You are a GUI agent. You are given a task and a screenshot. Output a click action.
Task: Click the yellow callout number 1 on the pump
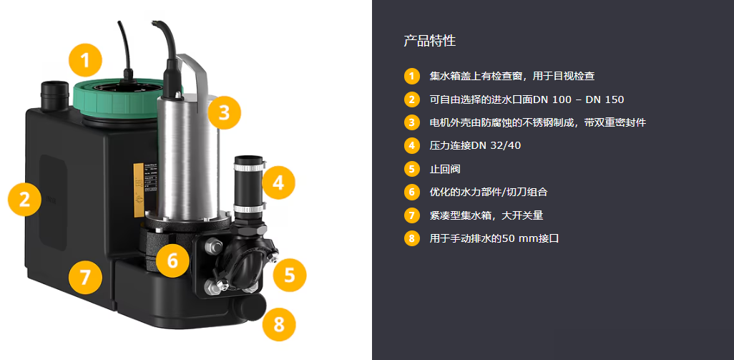point(84,60)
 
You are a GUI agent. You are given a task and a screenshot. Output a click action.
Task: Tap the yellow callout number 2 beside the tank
point(25,200)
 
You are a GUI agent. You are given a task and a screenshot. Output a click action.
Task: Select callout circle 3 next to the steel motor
point(224,112)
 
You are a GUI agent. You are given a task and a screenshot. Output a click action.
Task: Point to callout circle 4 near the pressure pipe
point(278,183)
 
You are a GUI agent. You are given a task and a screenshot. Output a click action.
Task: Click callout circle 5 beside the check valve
point(290,276)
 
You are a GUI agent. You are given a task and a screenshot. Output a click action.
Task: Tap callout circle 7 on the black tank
point(85,278)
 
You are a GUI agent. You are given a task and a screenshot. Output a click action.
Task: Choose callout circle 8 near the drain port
point(279,324)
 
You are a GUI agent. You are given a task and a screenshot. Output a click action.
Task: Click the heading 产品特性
point(429,41)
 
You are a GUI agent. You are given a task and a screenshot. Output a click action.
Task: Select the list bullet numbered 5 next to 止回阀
point(411,168)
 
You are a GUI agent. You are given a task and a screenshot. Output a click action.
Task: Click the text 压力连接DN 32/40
point(475,145)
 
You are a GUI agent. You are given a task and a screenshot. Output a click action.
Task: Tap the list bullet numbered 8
point(411,238)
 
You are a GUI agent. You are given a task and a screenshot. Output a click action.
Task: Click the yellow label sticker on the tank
point(139,190)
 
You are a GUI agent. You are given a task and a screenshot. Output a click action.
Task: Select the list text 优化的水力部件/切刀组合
point(488,192)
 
